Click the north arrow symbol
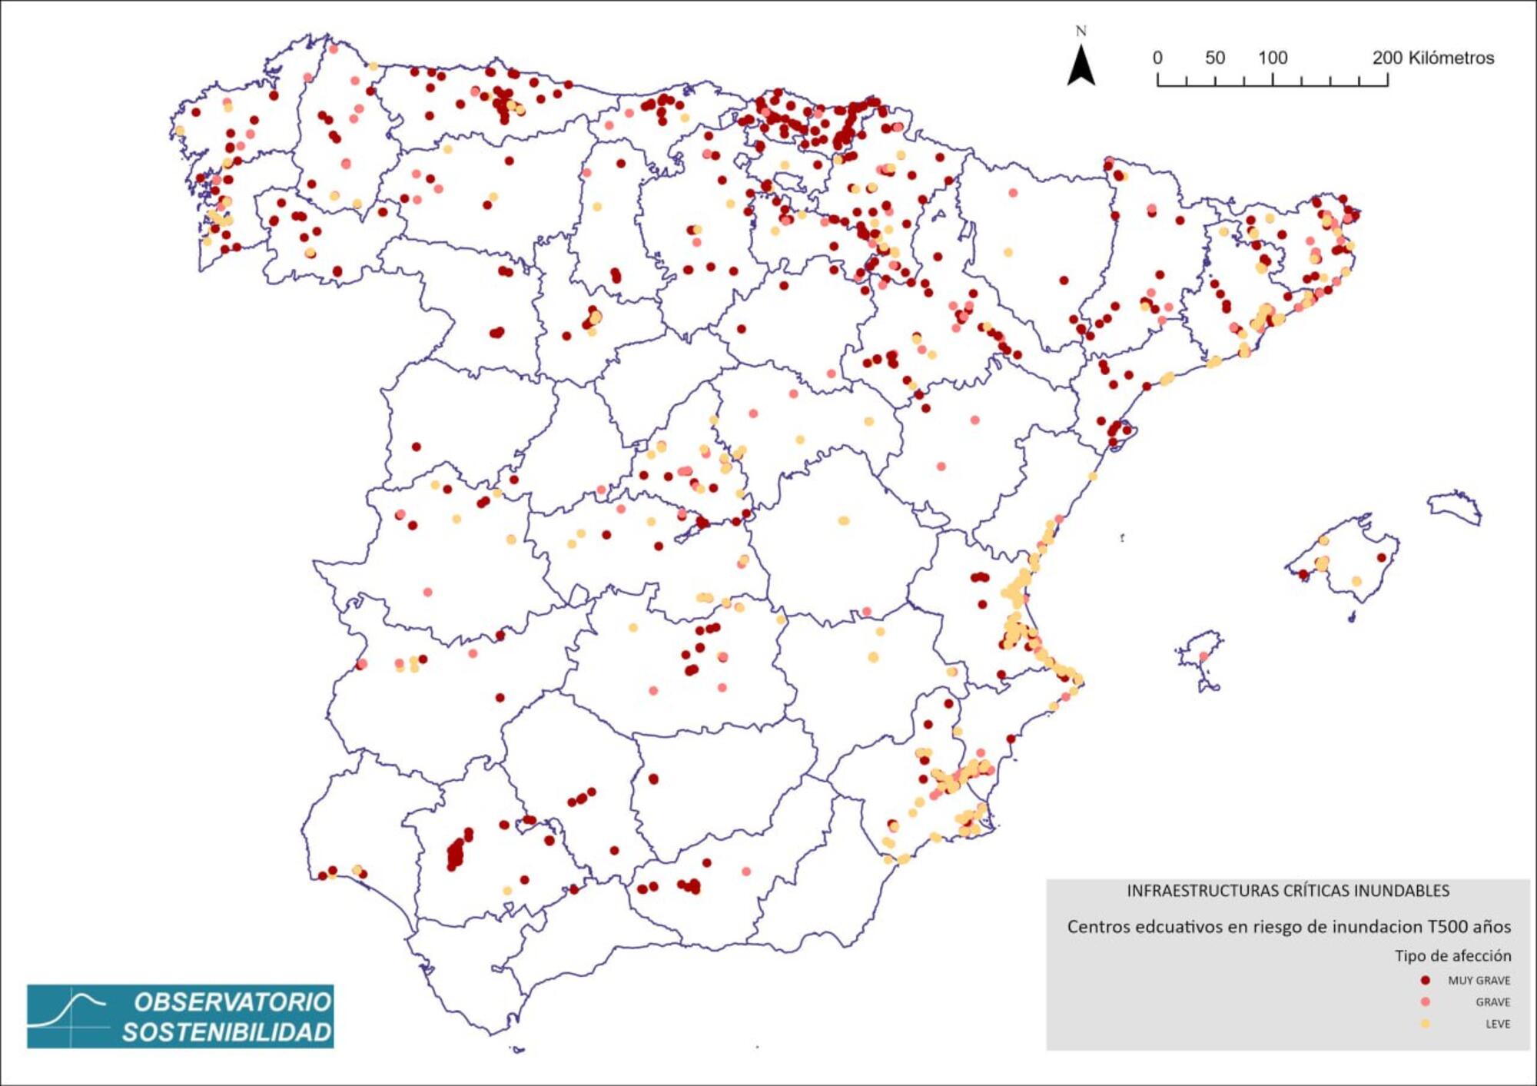click(1081, 66)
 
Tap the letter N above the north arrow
click(1081, 32)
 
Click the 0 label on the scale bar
click(1157, 58)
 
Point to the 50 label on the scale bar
click(1215, 58)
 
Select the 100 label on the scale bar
click(1273, 58)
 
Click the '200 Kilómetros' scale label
click(1433, 58)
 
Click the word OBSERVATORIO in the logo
click(232, 1002)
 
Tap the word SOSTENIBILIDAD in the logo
click(227, 1032)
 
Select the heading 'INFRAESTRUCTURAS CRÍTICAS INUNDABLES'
click(1288, 891)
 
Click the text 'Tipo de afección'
click(1452, 955)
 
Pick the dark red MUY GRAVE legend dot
click(1426, 980)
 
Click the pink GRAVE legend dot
click(1426, 1001)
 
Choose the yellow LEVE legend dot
click(1426, 1023)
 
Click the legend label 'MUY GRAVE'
click(1479, 980)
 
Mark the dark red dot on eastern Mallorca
click(1381, 557)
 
